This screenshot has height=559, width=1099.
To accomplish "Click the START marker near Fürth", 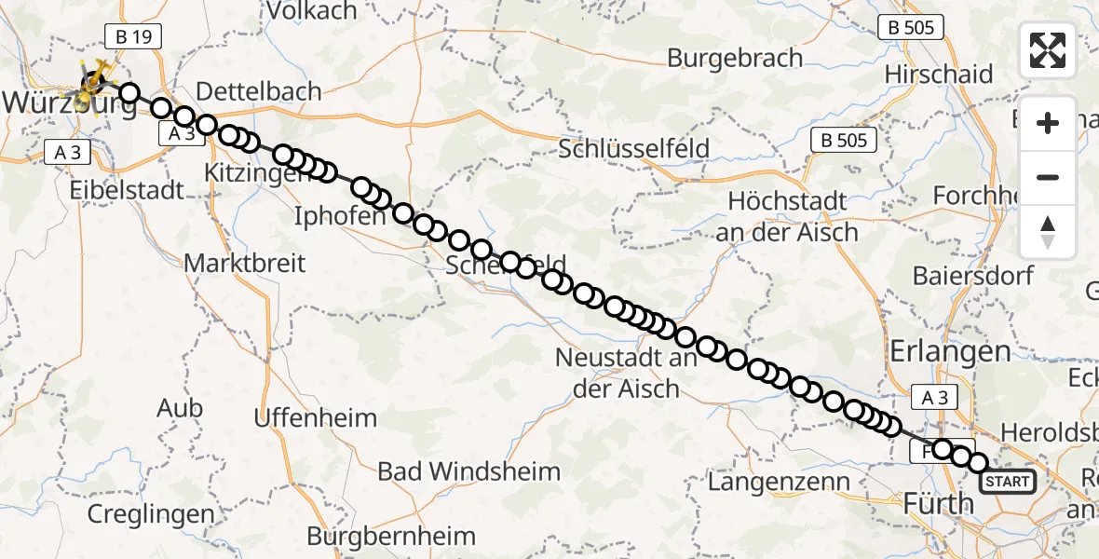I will [1007, 482].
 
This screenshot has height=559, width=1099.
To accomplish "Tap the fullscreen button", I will [1048, 50].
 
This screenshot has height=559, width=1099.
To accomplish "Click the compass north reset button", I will [1048, 232].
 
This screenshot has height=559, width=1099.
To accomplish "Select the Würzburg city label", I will [70, 104].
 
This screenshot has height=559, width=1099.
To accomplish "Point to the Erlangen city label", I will [950, 351].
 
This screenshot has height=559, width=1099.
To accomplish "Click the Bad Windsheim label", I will [468, 471].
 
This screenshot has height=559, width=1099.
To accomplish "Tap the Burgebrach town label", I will [735, 58].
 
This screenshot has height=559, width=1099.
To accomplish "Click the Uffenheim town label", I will [316, 416].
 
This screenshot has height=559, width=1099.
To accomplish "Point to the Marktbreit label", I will [244, 263].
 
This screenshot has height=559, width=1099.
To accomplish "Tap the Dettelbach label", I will [260, 91].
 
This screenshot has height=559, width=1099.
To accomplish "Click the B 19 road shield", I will [134, 37].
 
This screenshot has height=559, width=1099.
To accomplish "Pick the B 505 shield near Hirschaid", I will [910, 28].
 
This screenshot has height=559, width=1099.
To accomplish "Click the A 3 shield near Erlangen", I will [940, 398].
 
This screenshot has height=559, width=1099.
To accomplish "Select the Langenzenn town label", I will [780, 482].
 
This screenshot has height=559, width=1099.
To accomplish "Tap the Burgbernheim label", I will [391, 537].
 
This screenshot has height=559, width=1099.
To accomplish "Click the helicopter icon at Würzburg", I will [94, 78].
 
